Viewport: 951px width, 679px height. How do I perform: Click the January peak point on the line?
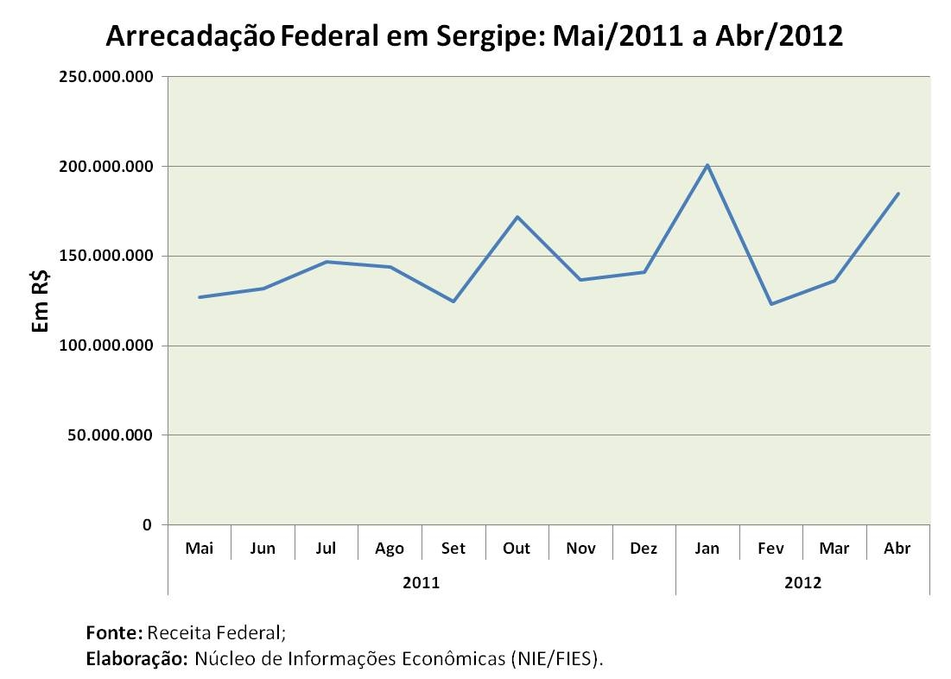pyautogui.click(x=707, y=165)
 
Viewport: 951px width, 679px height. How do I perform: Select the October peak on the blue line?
pyautogui.click(x=517, y=217)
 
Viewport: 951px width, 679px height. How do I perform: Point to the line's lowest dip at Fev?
pyautogui.click(x=770, y=303)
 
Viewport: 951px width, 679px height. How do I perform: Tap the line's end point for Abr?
pyautogui.click(x=898, y=194)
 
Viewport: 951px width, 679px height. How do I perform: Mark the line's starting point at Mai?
pyautogui.click(x=200, y=297)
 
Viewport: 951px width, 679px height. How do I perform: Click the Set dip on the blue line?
pyautogui.click(x=453, y=301)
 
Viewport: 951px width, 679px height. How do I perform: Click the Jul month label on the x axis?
pyautogui.click(x=326, y=549)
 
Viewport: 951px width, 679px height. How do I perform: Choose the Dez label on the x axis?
pyautogui.click(x=644, y=549)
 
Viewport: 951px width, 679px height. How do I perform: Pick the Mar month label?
pyautogui.click(x=834, y=549)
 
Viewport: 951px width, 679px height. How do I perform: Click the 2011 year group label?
pyautogui.click(x=422, y=582)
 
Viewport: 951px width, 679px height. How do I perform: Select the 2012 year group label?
pyautogui.click(x=802, y=582)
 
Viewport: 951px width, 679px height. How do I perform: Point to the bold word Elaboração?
pyautogui.click(x=136, y=659)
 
